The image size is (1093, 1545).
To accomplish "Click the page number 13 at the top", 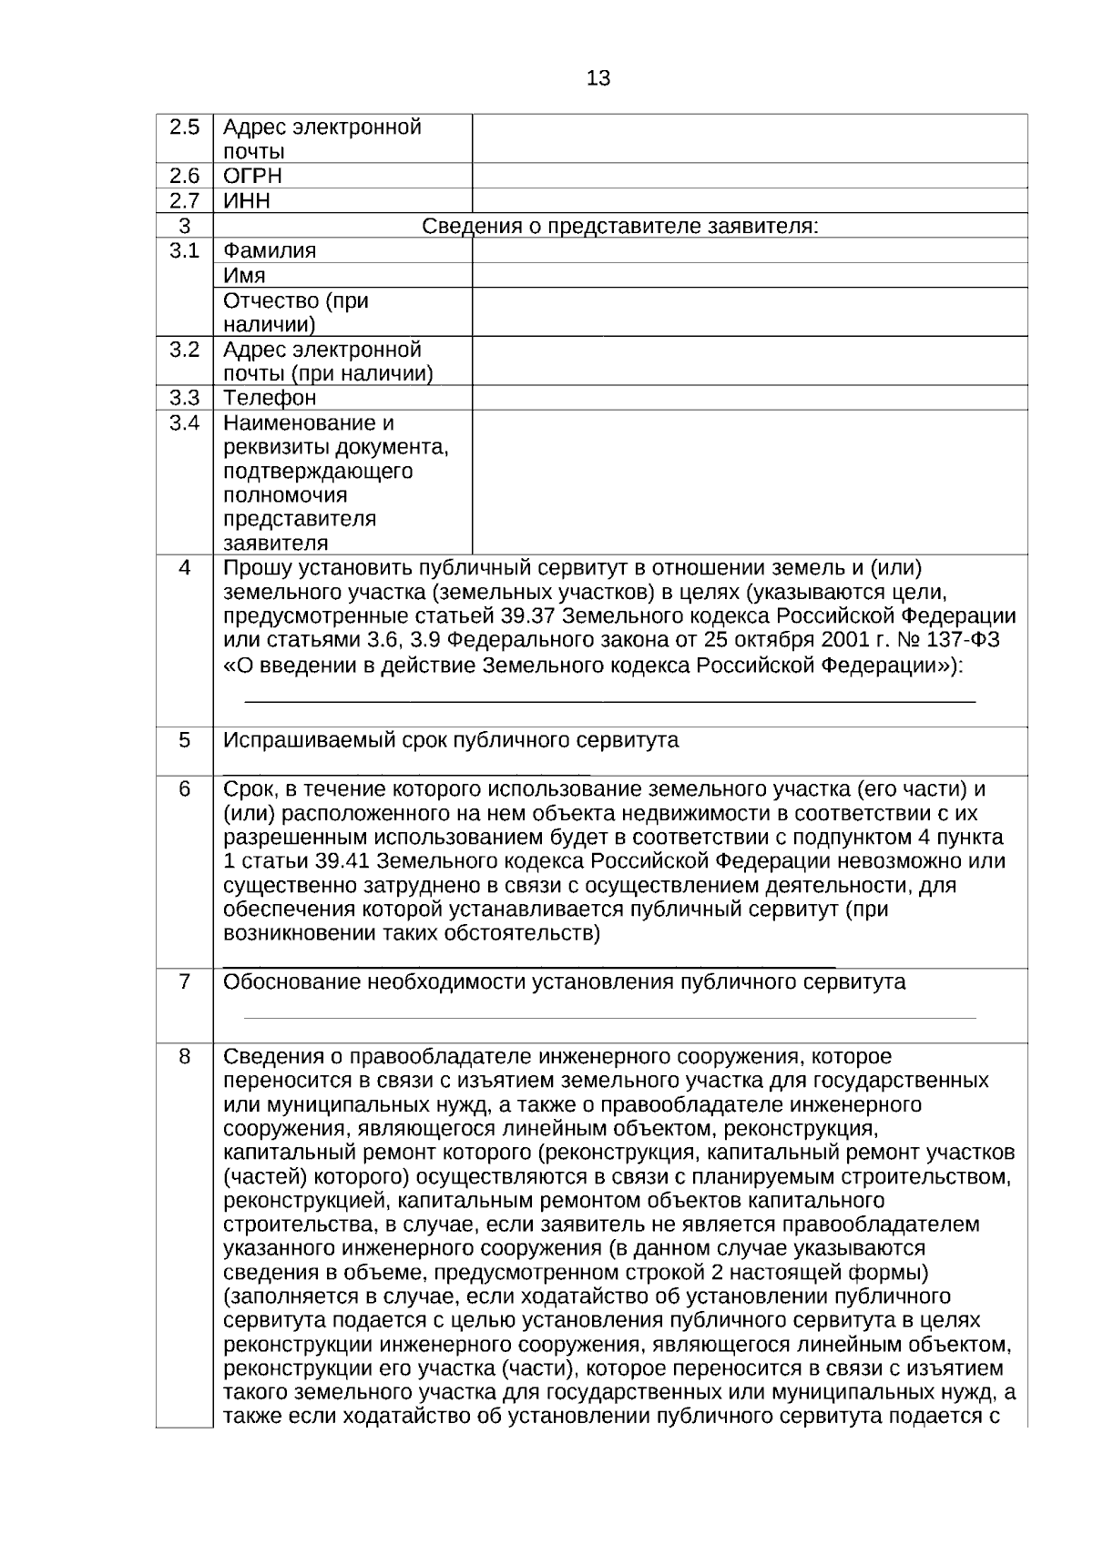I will click(x=598, y=78).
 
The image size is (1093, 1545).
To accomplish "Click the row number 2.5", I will click(x=184, y=127).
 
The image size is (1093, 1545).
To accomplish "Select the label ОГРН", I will click(x=252, y=176).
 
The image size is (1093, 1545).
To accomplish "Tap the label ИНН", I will click(x=246, y=200).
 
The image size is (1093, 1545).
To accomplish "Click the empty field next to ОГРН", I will click(x=749, y=176).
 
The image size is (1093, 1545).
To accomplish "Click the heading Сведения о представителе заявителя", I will click(x=619, y=226).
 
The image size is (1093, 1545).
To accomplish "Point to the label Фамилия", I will click(x=270, y=250).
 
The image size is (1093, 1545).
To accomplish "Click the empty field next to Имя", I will click(x=749, y=275).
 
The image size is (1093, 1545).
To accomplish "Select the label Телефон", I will click(x=270, y=398).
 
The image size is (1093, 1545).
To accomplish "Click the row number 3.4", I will click(x=184, y=422).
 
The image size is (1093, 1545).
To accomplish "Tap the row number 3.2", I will click(x=184, y=349).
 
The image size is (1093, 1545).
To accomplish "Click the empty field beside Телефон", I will click(x=749, y=398).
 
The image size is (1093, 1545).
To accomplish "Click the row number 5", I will click(x=184, y=739).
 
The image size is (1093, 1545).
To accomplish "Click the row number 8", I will click(x=184, y=1056).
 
